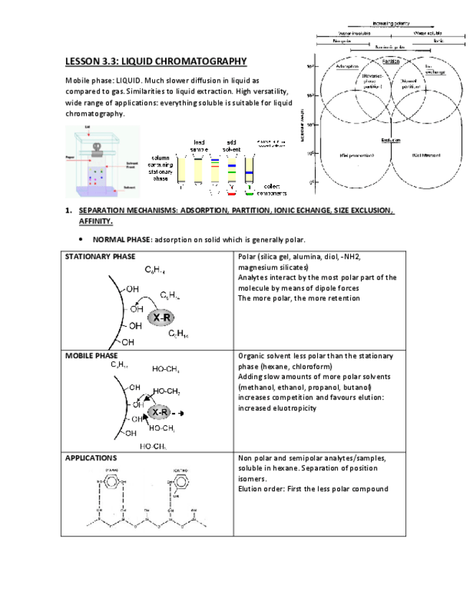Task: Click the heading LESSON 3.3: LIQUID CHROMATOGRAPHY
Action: point(156,62)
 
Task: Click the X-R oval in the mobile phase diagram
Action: point(160,413)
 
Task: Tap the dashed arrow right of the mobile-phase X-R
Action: point(179,413)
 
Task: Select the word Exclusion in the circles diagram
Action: point(391,140)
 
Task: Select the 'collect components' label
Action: point(272,190)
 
